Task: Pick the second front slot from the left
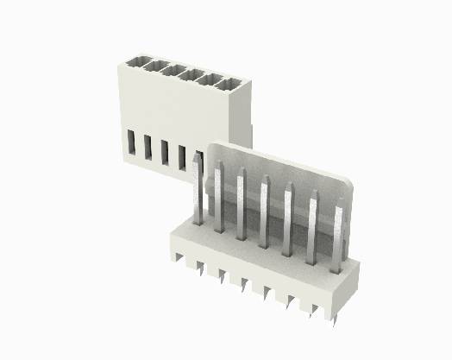148,147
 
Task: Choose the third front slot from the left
164,151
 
